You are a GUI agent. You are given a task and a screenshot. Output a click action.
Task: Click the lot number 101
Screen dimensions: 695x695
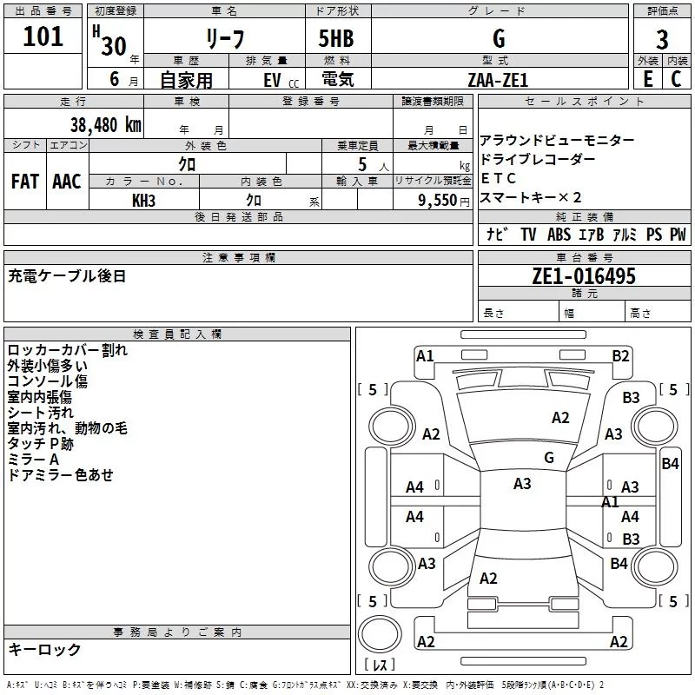click(43, 36)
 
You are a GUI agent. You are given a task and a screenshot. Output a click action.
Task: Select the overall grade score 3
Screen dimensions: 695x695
click(662, 40)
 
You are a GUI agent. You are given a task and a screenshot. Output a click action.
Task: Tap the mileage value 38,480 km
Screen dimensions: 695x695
click(106, 125)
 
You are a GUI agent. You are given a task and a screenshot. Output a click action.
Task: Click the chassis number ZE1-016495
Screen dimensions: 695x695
click(584, 276)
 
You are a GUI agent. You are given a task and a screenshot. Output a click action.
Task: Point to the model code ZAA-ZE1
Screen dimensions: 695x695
click(498, 80)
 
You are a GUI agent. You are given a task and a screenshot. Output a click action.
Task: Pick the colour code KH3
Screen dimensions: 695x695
click(143, 201)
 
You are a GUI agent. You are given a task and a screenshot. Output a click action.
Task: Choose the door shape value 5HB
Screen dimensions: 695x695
click(336, 38)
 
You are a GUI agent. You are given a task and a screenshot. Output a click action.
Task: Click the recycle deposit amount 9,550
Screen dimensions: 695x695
click(437, 201)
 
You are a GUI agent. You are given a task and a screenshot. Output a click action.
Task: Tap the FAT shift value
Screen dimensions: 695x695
click(25, 182)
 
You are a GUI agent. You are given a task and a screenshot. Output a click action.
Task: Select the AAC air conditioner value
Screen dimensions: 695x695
click(67, 182)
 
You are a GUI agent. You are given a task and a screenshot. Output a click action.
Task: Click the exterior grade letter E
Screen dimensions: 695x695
click(647, 79)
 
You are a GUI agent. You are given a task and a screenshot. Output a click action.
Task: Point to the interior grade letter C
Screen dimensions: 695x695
click(676, 79)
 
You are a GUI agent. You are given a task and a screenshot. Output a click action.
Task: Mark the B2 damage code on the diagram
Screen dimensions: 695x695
click(620, 356)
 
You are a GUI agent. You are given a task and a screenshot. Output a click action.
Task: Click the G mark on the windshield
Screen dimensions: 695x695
click(549, 458)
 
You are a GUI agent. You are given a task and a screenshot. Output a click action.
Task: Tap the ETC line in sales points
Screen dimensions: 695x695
click(498, 178)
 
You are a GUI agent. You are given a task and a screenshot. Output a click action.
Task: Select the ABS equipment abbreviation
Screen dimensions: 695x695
click(559, 235)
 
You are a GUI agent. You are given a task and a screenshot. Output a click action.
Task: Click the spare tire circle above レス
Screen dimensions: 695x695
click(380, 634)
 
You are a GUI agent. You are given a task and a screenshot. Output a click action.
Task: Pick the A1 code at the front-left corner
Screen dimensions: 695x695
click(425, 356)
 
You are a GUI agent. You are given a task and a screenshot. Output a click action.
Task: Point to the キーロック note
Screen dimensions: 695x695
click(44, 650)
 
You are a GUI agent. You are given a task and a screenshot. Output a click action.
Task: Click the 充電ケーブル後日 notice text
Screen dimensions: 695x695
click(67, 276)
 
